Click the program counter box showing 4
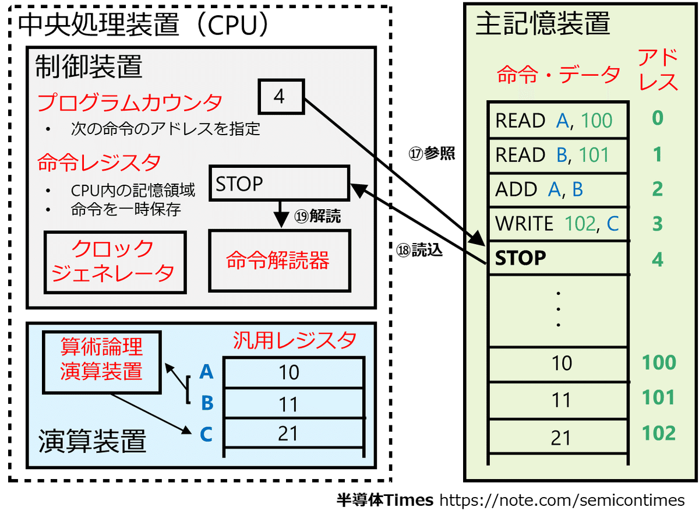point(280,96)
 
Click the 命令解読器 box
point(279,260)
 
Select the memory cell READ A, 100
point(558,121)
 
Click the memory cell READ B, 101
point(558,155)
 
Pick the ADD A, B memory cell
point(558,189)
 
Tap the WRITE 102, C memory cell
point(558,223)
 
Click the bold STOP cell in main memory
point(558,258)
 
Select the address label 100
point(658,363)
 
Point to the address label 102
point(658,434)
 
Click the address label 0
point(658,118)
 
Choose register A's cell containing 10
point(290,372)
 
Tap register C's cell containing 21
point(290,434)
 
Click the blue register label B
point(206,403)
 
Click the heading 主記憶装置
point(542,24)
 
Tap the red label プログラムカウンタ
point(129,104)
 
